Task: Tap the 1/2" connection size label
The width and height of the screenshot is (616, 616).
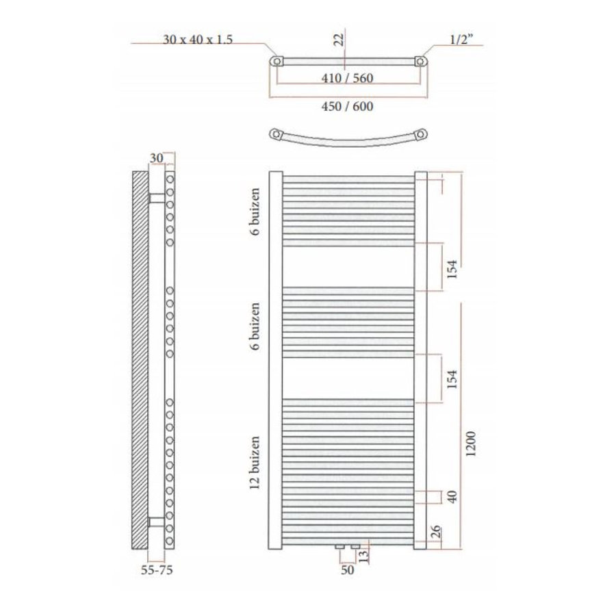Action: (x=464, y=40)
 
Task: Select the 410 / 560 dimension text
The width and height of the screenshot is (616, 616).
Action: (x=348, y=77)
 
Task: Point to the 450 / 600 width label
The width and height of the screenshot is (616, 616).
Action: (x=348, y=106)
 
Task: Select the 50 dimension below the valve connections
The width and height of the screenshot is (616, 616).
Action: (x=347, y=569)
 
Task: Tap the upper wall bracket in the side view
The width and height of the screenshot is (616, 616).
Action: (x=157, y=197)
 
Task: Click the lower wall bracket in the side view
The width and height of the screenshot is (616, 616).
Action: (x=157, y=523)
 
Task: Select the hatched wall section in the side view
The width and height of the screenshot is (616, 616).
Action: (x=140, y=359)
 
